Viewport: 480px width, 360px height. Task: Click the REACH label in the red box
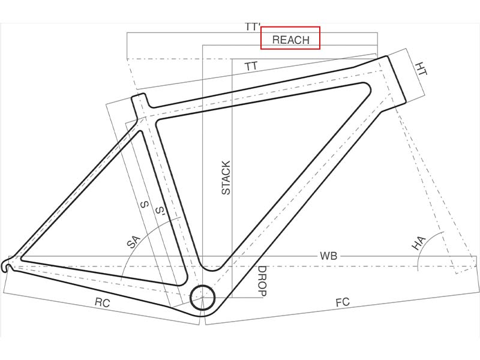[290, 40]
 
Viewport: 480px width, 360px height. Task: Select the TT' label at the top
[252, 27]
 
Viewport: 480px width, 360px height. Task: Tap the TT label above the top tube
[251, 66]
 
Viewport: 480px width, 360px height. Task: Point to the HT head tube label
[422, 68]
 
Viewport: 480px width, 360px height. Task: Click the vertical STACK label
[226, 178]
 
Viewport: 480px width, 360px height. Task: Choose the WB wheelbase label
[328, 256]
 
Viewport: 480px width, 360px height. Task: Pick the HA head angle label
[418, 243]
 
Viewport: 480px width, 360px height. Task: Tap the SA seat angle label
[133, 242]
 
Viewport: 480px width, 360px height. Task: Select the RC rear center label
[102, 303]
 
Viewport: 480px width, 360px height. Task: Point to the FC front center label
[342, 302]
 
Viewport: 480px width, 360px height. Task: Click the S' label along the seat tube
[160, 211]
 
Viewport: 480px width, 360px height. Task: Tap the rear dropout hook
[7, 265]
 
